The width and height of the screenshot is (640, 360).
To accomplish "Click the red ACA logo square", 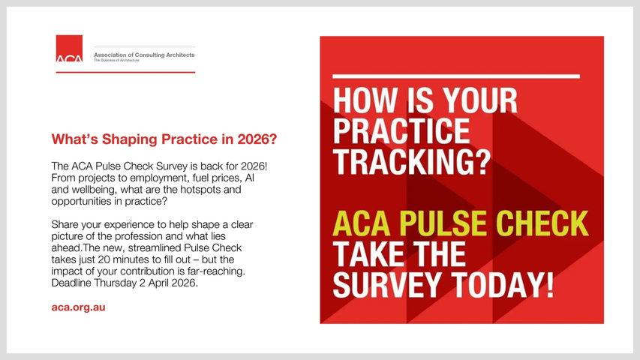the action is tap(69, 48).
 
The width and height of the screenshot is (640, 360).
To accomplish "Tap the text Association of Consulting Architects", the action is tap(144, 55).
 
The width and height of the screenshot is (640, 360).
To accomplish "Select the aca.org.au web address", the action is tap(78, 307).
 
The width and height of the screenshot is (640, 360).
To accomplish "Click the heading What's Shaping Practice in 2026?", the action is tap(164, 139).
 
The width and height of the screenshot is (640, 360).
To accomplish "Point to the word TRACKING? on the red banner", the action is tap(412, 162).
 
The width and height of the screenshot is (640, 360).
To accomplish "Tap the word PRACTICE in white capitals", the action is tap(401, 130).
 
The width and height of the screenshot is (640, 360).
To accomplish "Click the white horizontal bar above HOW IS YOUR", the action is tap(456, 76).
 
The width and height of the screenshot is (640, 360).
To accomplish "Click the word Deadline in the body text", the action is tap(71, 283).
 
